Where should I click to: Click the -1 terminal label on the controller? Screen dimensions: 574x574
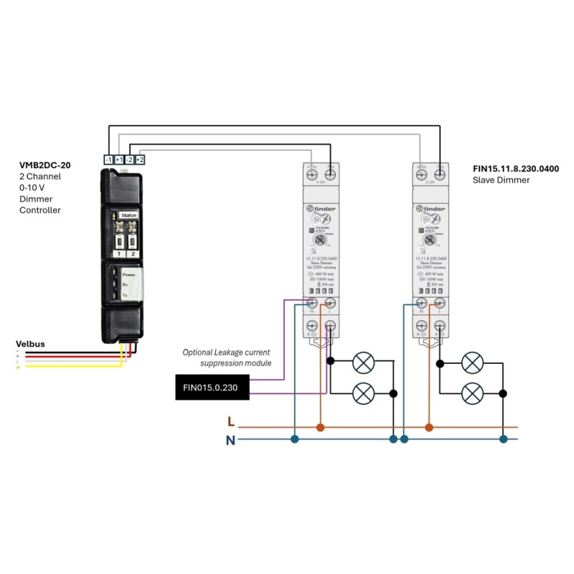(x=108, y=159)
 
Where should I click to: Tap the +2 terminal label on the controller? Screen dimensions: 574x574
(x=140, y=159)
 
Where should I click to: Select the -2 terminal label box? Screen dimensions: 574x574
(x=130, y=159)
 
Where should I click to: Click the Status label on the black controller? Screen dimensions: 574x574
(x=128, y=214)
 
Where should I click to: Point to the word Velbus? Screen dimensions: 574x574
(x=30, y=344)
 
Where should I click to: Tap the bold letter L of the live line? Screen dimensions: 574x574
(x=230, y=422)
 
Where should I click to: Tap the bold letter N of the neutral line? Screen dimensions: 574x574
(x=230, y=441)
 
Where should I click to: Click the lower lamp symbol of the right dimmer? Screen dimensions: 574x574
(x=472, y=393)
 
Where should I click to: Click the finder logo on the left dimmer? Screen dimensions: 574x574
(x=323, y=209)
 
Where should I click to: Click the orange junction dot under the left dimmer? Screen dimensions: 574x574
(x=321, y=428)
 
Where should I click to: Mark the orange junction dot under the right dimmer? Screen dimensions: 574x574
(x=429, y=428)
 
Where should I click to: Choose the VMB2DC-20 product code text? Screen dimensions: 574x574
(x=44, y=165)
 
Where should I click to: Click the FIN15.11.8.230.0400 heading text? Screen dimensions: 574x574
(x=516, y=169)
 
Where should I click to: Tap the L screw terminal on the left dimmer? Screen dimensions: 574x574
(x=331, y=304)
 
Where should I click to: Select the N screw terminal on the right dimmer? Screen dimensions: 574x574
(x=421, y=304)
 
